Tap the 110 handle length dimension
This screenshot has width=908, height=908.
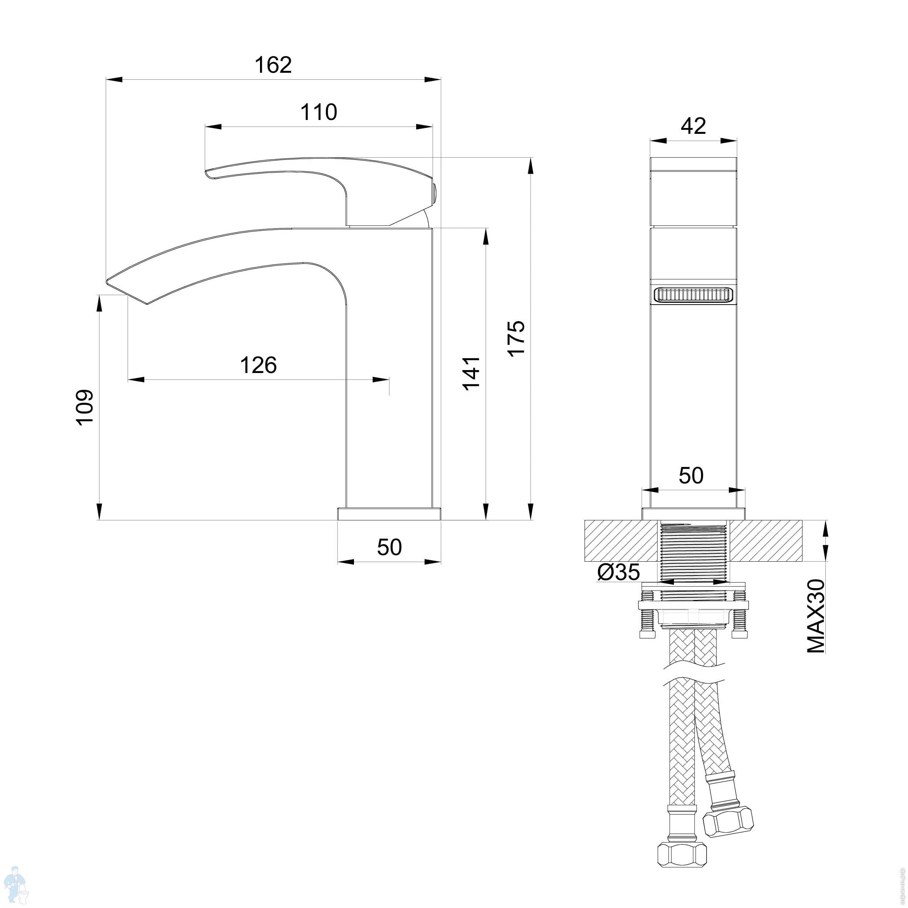[319, 112]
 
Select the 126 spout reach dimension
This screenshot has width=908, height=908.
[259, 365]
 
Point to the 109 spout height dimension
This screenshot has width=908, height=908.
[86, 407]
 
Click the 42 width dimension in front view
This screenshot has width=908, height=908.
[693, 126]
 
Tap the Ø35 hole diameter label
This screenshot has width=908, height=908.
[618, 572]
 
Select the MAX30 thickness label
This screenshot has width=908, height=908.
[816, 616]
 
